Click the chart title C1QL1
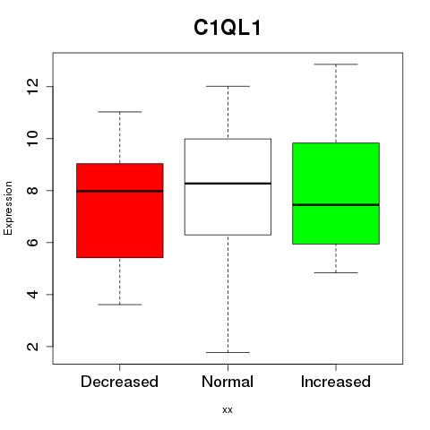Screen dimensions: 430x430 pyautogui.click(x=228, y=28)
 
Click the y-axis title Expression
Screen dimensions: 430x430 pyautogui.click(x=8, y=208)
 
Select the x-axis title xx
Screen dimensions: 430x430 pyautogui.click(x=228, y=410)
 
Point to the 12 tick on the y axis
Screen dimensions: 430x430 pyautogui.click(x=32, y=87)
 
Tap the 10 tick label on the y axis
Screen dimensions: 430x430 pyautogui.click(x=32, y=139)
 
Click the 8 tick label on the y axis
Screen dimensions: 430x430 pyautogui.click(x=32, y=191)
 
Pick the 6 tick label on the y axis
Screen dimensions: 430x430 pyautogui.click(x=32, y=243)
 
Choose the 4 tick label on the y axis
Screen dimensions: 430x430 pyautogui.click(x=32, y=295)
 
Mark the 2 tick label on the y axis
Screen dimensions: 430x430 pyautogui.click(x=32, y=347)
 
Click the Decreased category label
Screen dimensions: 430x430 pyautogui.click(x=119, y=382)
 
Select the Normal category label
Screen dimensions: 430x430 pyautogui.click(x=228, y=382)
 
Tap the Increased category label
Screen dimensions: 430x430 pyautogui.click(x=336, y=382)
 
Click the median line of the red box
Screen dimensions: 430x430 pyautogui.click(x=120, y=191)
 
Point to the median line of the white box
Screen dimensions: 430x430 pyautogui.click(x=228, y=184)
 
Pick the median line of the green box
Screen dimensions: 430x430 pyautogui.click(x=336, y=205)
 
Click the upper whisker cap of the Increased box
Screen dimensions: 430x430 pyautogui.click(x=336, y=64)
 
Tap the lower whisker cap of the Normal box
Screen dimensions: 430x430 pyautogui.click(x=228, y=352)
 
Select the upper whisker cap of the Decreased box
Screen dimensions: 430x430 pyautogui.click(x=120, y=112)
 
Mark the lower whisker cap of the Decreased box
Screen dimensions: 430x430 pyautogui.click(x=120, y=305)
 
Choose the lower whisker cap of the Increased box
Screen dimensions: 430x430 pyautogui.click(x=336, y=272)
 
